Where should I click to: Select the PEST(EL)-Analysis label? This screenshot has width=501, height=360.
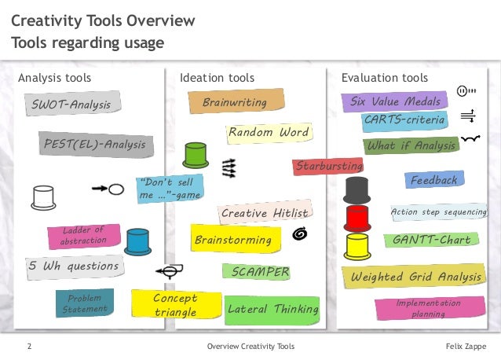pyautogui.click(x=94, y=145)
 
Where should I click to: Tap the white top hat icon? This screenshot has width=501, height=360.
pyautogui.click(x=43, y=197)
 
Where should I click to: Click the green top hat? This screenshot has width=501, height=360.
pyautogui.click(x=195, y=155)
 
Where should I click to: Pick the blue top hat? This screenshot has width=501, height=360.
pyautogui.click(x=137, y=242)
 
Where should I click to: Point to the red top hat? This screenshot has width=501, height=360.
pyautogui.click(x=358, y=215)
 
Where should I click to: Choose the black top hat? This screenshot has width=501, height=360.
pyautogui.click(x=357, y=189)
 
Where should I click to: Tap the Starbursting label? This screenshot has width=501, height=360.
pyautogui.click(x=328, y=166)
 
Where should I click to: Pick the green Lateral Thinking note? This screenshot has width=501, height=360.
pyautogui.click(x=272, y=310)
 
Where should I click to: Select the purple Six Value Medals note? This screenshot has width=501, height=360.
pyautogui.click(x=394, y=101)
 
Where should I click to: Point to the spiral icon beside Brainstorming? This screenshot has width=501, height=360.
pyautogui.click(x=299, y=233)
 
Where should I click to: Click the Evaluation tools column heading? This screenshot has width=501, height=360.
pyautogui.click(x=385, y=78)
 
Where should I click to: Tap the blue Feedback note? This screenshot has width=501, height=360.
pyautogui.click(x=433, y=180)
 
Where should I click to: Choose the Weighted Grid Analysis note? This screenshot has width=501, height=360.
pyautogui.click(x=415, y=277)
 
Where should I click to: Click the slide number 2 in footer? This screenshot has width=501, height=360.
pyautogui.click(x=29, y=347)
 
